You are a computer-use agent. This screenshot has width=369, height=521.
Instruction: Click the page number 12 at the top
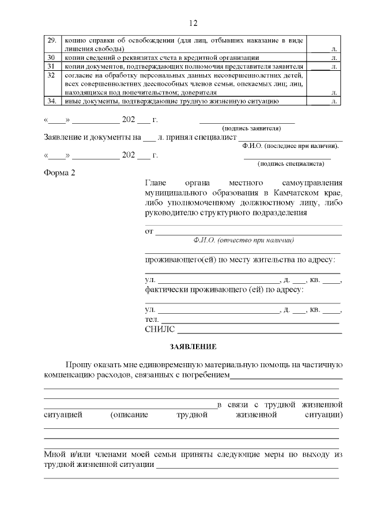[x=193, y=23]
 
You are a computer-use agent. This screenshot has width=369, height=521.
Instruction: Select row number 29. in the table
[x=51, y=40]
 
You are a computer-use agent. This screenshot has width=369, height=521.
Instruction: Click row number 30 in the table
[x=51, y=58]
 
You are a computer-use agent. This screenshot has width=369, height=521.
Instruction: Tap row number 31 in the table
[x=51, y=67]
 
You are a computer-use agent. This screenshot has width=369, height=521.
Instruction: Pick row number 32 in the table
[x=51, y=75]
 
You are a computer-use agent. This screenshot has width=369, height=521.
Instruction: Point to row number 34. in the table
[x=51, y=101]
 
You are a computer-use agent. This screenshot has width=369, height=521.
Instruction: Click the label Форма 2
[x=59, y=173]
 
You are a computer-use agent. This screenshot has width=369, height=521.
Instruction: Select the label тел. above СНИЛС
[x=152, y=320]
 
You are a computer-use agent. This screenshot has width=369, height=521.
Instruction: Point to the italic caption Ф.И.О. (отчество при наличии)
[x=244, y=240]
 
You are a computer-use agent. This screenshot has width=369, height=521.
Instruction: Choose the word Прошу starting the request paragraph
[x=78, y=365]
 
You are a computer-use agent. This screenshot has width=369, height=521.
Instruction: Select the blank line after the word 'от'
[x=248, y=232]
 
